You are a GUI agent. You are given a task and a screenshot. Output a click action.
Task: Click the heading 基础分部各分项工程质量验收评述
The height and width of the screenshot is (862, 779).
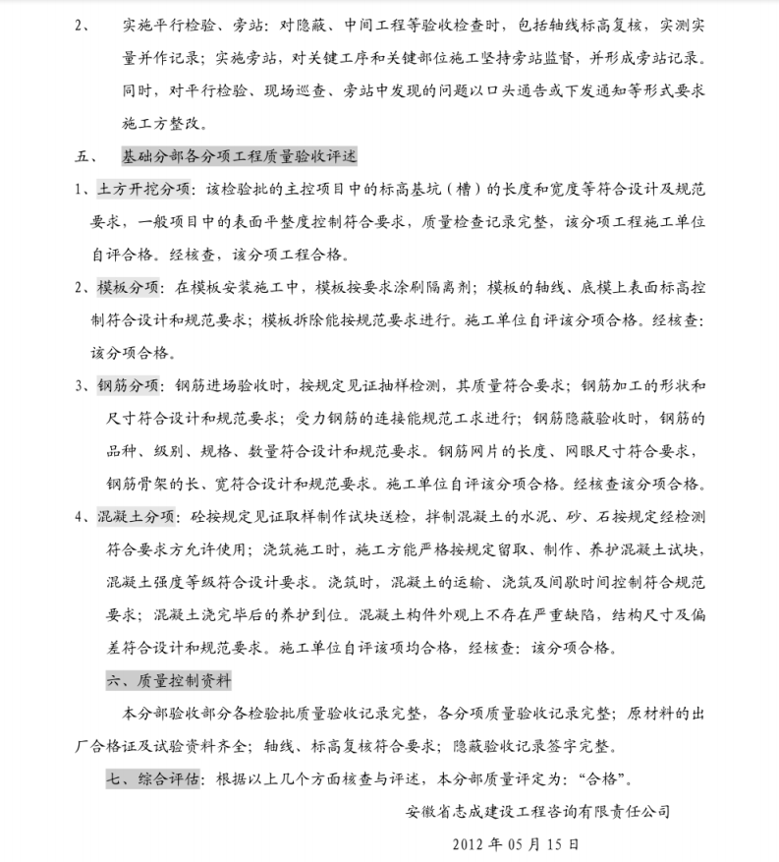tap(240, 155)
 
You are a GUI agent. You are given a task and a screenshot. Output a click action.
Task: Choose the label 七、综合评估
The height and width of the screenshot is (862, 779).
tap(153, 777)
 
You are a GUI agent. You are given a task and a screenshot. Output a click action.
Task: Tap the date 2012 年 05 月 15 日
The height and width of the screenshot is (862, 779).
tap(515, 843)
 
